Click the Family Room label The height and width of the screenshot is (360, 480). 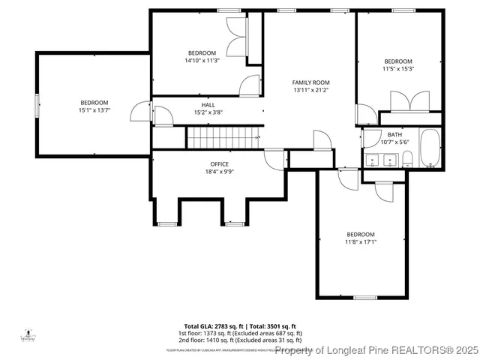point(310,82)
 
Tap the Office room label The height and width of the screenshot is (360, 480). point(219,164)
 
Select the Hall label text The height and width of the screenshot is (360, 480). point(208,105)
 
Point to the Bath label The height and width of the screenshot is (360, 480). point(394,134)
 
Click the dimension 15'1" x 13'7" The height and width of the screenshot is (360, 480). point(94,110)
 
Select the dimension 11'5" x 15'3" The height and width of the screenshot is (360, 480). point(398,69)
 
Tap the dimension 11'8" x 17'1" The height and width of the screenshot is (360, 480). point(360,242)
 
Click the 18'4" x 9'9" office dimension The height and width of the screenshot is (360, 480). point(219,172)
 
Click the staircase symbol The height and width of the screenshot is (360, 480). point(221,138)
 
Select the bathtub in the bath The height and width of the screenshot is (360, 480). point(431,148)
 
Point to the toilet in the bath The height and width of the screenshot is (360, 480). point(407,158)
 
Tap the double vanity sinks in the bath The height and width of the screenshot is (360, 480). point(380,159)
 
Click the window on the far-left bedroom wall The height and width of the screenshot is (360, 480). point(37,105)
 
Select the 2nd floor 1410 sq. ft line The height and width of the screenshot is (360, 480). point(239,340)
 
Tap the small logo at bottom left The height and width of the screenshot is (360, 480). point(28,334)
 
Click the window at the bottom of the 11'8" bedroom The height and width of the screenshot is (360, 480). point(364,298)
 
